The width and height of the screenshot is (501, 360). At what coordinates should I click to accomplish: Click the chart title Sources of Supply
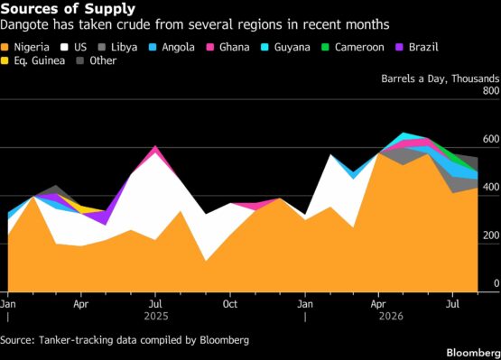tap(68, 9)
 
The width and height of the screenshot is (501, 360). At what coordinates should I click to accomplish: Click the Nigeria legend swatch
tap(5, 47)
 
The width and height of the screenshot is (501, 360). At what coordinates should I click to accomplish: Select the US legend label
tap(80, 47)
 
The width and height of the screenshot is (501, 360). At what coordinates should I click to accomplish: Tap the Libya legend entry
tap(117, 47)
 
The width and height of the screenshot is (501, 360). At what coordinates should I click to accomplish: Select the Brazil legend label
tap(423, 47)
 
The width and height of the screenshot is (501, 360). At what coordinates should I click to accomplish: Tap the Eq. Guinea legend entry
tap(32, 60)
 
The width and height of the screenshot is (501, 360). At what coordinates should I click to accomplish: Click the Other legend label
tap(103, 60)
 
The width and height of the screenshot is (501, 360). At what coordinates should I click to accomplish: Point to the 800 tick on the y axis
tap(491, 91)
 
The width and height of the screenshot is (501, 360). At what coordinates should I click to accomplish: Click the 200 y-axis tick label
tap(491, 235)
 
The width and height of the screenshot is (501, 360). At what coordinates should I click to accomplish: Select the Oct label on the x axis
tap(230, 304)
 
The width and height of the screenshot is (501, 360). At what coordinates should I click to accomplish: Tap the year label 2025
tap(156, 316)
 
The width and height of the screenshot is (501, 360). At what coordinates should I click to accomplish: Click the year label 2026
tap(391, 316)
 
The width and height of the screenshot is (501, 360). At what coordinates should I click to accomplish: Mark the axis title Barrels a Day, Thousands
tap(440, 78)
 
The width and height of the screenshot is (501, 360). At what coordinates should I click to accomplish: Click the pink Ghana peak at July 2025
tap(155, 148)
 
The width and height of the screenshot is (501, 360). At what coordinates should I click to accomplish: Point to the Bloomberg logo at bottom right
tap(474, 353)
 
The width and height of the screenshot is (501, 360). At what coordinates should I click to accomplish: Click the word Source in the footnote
tap(17, 340)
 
